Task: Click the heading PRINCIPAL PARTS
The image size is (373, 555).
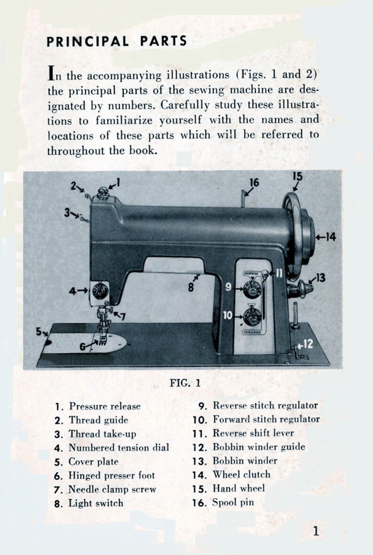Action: point(117,41)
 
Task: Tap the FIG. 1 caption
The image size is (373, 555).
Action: point(185,383)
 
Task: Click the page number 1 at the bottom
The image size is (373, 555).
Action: point(316,531)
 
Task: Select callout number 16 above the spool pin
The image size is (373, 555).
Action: point(254,182)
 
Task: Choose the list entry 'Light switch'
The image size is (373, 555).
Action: point(96,503)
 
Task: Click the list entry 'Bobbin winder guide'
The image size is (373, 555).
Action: point(258,447)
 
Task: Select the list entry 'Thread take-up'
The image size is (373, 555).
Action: point(102,434)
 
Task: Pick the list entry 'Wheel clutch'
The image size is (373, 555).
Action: point(241,475)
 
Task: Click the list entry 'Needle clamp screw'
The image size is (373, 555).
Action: point(112,489)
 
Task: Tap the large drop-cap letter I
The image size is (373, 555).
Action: point(52,73)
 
